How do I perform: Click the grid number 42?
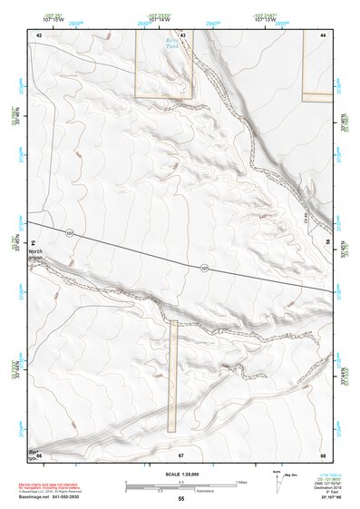[x=39, y=34]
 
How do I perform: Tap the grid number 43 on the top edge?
[x=182, y=34]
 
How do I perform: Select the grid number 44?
[x=323, y=34]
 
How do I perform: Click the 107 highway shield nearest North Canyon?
[x=69, y=233]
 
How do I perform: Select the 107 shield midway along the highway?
[x=204, y=267]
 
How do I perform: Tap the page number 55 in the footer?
[x=180, y=499]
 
